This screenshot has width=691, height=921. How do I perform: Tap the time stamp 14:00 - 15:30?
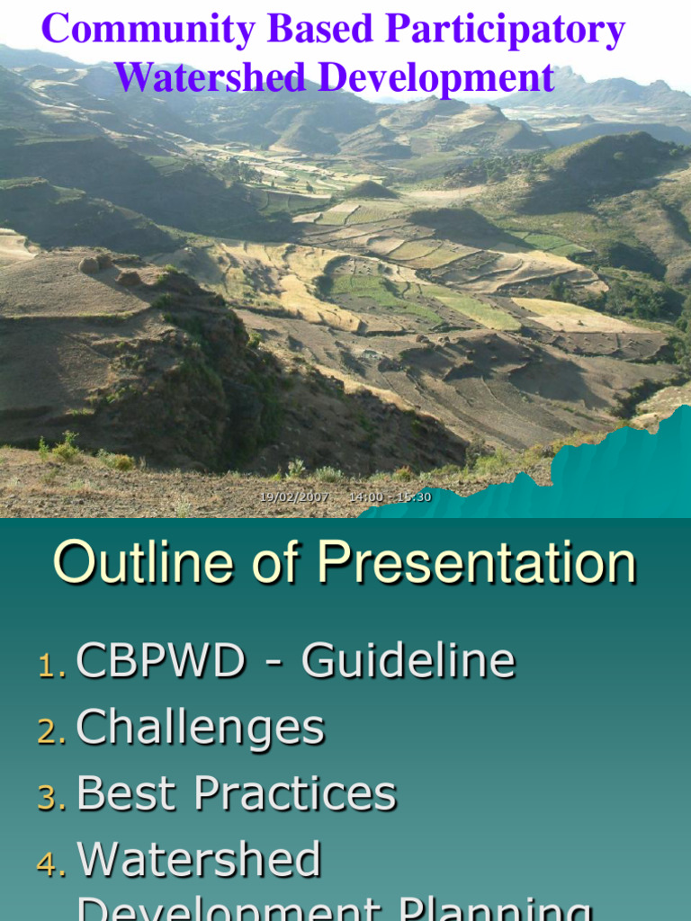point(390,497)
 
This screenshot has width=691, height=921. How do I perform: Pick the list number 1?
point(50,666)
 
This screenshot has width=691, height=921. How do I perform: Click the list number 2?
point(50,732)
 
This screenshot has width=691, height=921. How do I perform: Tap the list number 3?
point(50,799)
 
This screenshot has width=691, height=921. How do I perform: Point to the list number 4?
point(50,865)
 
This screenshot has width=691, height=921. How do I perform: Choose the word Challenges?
point(200,728)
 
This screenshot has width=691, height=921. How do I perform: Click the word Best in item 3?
point(127,794)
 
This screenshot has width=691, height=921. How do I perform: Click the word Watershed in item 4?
point(199,861)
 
